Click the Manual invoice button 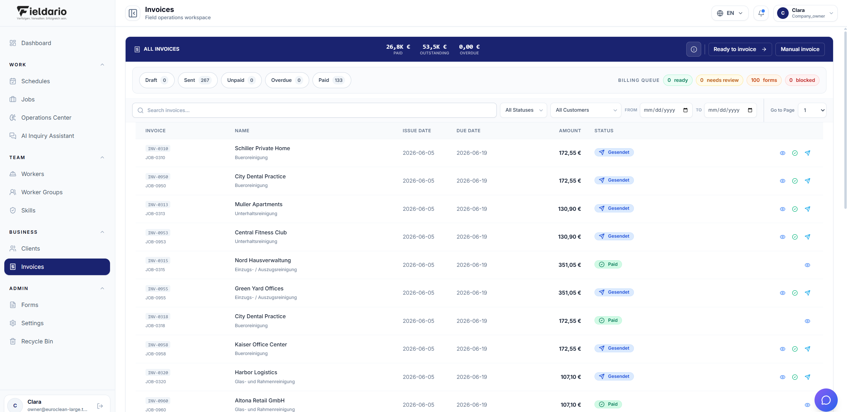point(800,49)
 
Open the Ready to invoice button point(740,49)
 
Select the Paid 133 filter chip point(331,80)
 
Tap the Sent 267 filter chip point(198,80)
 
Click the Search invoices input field point(314,110)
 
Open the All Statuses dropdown point(524,110)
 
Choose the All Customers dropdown point(586,110)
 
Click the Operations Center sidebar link point(46,118)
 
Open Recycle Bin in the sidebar point(37,341)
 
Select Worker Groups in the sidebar point(42,192)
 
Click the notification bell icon point(761,13)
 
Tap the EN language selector point(730,13)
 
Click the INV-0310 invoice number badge point(158,148)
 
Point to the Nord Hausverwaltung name point(263,260)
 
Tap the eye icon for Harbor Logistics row point(782,377)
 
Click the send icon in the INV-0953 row point(807,237)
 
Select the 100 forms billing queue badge point(764,80)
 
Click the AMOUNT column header point(570,131)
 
